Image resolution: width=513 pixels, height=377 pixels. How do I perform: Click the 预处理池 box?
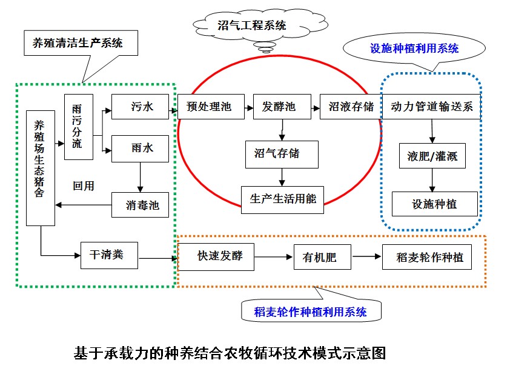point(208,107)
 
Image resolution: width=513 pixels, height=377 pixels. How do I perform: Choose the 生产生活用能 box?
point(283,199)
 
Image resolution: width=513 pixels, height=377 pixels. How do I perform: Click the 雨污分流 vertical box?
point(78,127)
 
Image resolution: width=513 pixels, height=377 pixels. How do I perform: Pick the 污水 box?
point(140,107)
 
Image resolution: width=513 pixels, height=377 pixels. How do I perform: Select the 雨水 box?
point(140,149)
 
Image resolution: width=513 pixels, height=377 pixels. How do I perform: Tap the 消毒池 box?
point(140,205)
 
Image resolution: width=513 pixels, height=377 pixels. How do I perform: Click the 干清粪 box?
point(110,255)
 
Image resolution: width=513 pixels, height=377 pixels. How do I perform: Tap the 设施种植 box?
point(434,204)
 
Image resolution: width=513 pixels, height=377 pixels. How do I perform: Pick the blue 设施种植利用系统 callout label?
point(414,48)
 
